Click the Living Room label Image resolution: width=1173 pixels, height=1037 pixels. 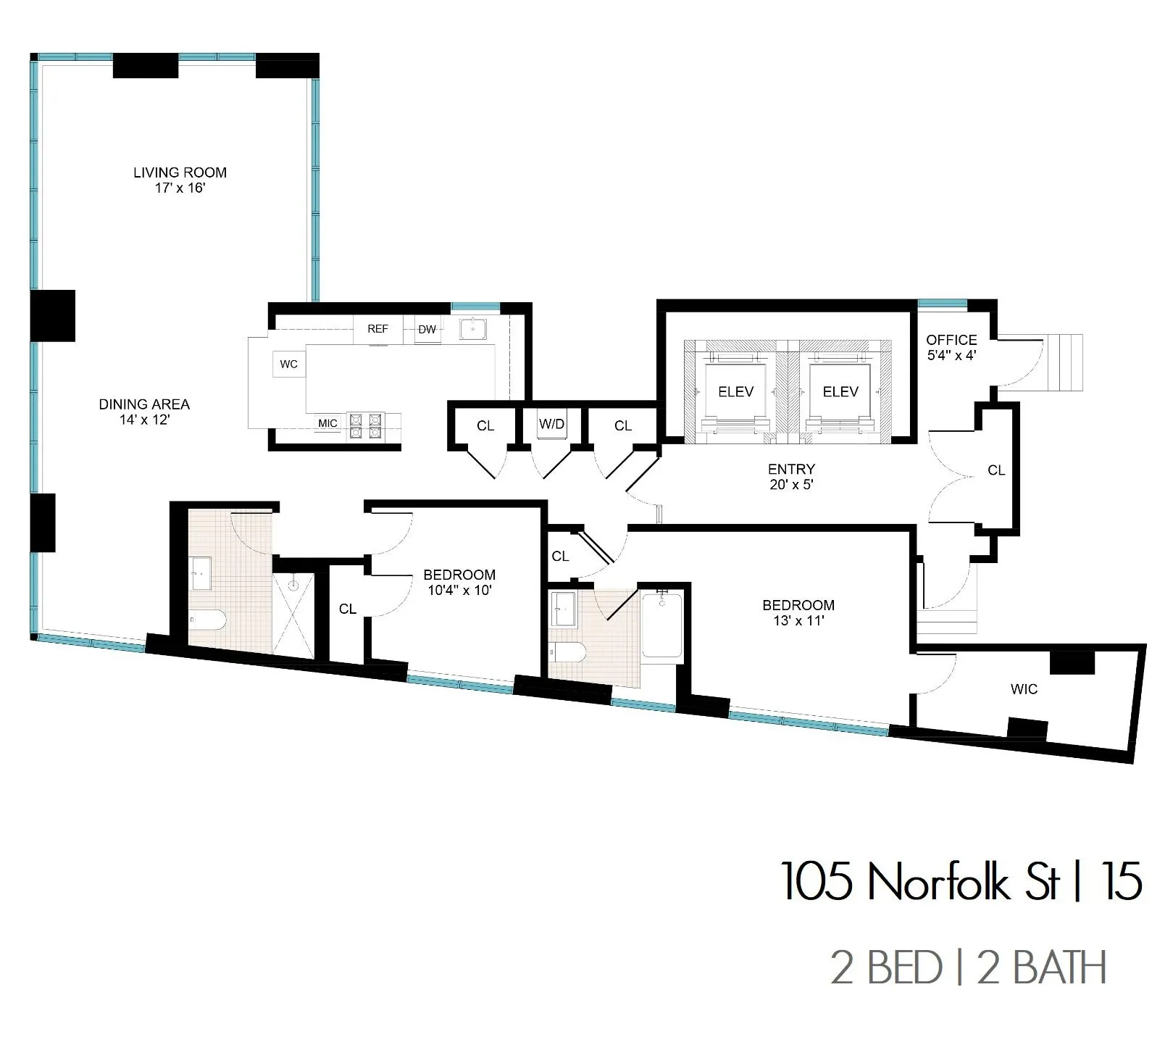(x=180, y=172)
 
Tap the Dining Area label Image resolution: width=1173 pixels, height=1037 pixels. (x=144, y=404)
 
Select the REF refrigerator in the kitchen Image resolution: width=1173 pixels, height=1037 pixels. (x=377, y=329)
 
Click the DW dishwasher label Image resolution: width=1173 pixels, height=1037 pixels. (x=427, y=330)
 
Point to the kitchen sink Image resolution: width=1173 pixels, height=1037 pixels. (x=473, y=330)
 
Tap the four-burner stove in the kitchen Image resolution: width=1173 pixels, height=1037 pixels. (x=365, y=425)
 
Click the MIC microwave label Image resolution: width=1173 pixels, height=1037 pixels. (x=327, y=423)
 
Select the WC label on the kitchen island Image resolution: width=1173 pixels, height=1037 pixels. (x=288, y=364)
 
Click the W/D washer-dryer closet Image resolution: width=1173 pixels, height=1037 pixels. (x=551, y=424)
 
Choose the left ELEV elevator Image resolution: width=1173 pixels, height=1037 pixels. (x=735, y=391)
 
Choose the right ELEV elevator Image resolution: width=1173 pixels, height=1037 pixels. (x=840, y=391)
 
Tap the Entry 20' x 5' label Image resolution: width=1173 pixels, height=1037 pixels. (x=791, y=477)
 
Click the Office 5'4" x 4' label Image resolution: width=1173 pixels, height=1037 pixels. (x=951, y=347)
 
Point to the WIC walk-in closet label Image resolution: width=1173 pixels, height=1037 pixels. (x=1024, y=689)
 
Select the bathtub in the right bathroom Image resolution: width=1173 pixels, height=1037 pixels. (x=661, y=625)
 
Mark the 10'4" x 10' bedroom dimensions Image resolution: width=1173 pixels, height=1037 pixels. (x=459, y=591)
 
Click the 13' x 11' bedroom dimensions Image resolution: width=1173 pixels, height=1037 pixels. (x=798, y=621)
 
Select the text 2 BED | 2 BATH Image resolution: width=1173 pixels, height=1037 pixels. (x=968, y=968)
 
